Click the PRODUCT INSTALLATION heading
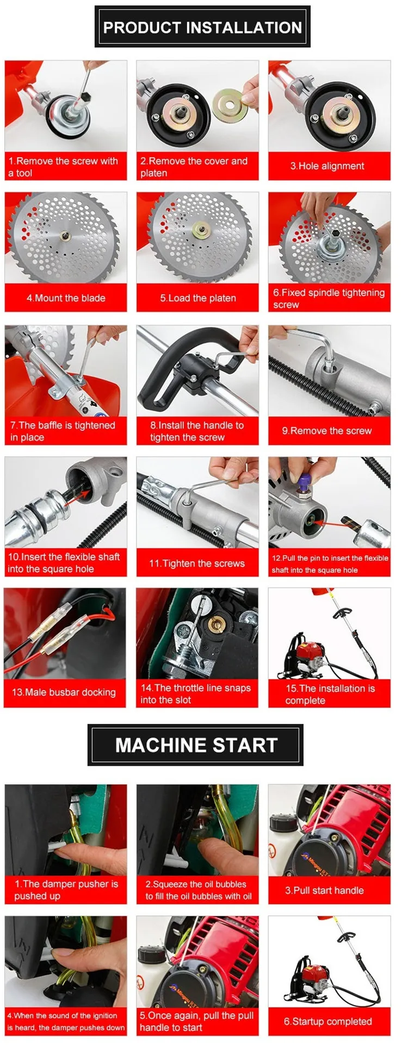(x=202, y=27)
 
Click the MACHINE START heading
(x=196, y=745)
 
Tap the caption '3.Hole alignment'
(x=327, y=166)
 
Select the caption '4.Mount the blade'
(x=66, y=298)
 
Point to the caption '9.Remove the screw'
(x=327, y=431)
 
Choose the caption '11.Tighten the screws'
(x=197, y=563)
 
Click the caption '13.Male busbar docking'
(x=64, y=692)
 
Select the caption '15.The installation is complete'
(x=330, y=694)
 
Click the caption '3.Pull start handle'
(x=324, y=890)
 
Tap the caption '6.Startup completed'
(x=328, y=1022)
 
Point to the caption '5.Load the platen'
(x=198, y=298)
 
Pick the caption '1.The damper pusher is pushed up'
(x=66, y=890)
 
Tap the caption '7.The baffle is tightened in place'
(x=63, y=431)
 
